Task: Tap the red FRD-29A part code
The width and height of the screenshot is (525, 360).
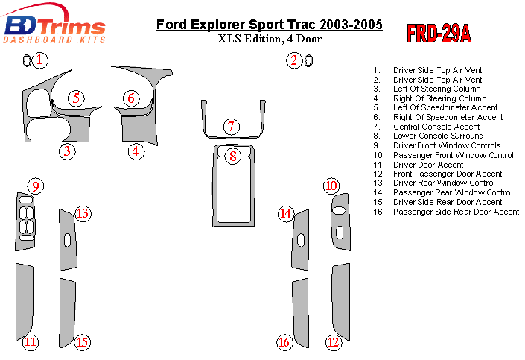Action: (x=439, y=34)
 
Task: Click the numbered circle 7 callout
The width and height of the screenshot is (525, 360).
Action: (x=232, y=127)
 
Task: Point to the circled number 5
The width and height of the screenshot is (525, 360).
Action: (x=77, y=98)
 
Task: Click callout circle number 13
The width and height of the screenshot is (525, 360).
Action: (x=83, y=214)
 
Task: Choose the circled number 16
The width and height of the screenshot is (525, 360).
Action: (x=284, y=342)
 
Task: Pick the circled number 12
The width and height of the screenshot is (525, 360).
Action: (x=333, y=342)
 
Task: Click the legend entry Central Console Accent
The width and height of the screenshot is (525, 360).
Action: (x=436, y=127)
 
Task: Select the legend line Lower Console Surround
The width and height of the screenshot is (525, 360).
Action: (x=438, y=136)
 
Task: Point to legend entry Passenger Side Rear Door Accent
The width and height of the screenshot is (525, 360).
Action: (x=456, y=212)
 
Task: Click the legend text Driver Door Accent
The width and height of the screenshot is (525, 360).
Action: (x=428, y=165)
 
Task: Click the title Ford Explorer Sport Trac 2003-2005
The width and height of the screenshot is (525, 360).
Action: (x=270, y=25)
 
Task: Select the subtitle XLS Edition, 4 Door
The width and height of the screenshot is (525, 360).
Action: (x=269, y=39)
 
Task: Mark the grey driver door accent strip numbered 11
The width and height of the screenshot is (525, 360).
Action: (x=23, y=298)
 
